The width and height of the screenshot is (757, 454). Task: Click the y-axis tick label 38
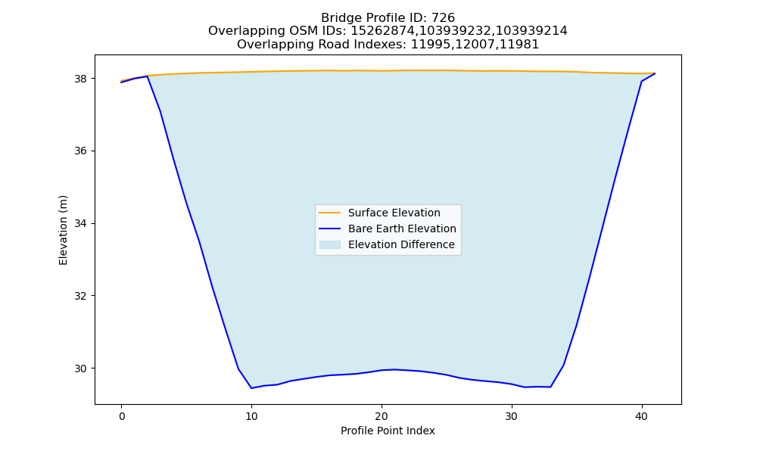(82, 79)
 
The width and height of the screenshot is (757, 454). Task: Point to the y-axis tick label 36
(82, 151)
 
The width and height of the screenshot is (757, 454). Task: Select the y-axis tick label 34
(82, 223)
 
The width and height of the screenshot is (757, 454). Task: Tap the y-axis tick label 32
(82, 296)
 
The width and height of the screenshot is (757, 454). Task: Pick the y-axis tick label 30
(82, 368)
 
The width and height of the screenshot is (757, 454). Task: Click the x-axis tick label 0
(122, 416)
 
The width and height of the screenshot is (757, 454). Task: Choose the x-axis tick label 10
(251, 416)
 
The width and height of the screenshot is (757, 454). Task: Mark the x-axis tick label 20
(382, 416)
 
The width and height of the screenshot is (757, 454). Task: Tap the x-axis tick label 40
(642, 416)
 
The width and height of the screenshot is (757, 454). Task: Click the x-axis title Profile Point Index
(388, 431)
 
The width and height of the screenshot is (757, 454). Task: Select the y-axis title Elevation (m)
(63, 230)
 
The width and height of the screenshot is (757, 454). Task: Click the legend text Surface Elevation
(394, 213)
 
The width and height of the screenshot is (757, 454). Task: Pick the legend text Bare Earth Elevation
(402, 229)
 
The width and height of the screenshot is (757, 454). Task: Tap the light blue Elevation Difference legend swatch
(330, 244)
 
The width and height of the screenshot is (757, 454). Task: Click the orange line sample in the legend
(330, 213)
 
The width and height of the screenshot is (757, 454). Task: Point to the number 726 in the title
(443, 18)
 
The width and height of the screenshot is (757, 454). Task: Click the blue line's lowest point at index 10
(251, 388)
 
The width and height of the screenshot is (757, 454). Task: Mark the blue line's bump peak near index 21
(394, 369)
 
